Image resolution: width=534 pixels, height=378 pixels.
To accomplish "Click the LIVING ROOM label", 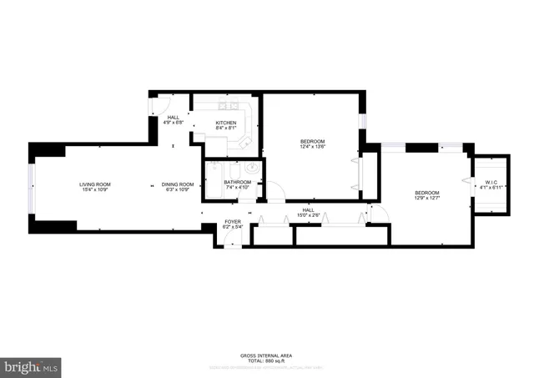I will tap(95, 184).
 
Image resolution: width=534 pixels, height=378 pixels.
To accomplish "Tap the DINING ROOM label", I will tap(178, 184).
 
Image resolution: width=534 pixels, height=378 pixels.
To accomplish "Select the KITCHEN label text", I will tap(225, 123).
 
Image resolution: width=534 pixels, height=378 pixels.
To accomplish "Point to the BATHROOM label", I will tap(237, 182).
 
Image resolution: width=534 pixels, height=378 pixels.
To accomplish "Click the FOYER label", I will tap(232, 221).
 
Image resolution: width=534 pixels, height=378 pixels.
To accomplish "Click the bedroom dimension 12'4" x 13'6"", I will tap(313, 147).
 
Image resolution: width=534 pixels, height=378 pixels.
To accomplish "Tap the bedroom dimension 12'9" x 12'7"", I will tap(427, 199).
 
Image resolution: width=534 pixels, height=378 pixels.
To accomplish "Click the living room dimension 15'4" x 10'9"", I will tap(95, 190).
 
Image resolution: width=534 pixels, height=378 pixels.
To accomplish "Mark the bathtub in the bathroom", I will tap(213, 179).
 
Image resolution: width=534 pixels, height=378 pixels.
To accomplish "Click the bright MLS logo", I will tap(32, 366).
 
